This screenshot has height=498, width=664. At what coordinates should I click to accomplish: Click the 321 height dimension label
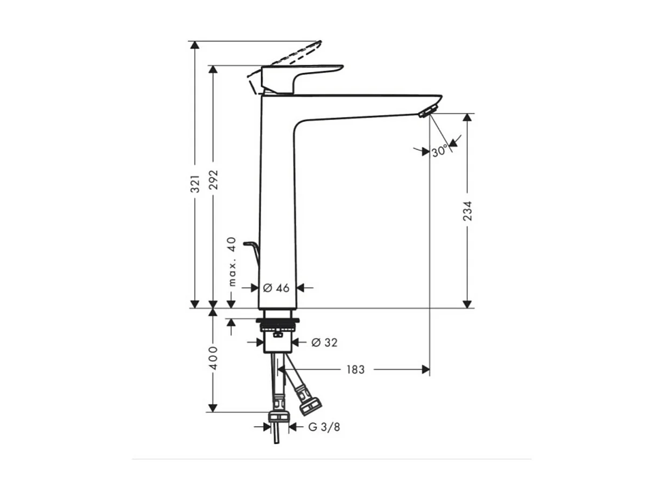[x=195, y=183]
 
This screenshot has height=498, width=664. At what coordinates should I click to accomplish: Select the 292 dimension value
[x=214, y=180]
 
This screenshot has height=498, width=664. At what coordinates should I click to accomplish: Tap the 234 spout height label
[x=467, y=211]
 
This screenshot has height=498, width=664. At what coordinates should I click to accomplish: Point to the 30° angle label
[x=439, y=152]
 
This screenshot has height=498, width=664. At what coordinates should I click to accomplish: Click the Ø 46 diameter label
[x=276, y=288]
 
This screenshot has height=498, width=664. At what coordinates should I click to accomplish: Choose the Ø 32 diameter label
[x=324, y=342]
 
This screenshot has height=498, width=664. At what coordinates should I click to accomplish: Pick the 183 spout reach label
[x=355, y=369]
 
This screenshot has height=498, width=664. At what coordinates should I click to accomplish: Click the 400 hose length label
[x=214, y=358]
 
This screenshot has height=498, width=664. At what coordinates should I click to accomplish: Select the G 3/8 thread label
[x=324, y=427]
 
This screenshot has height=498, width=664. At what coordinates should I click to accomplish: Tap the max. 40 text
[x=232, y=261]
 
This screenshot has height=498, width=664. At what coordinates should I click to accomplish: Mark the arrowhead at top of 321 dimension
[x=195, y=45]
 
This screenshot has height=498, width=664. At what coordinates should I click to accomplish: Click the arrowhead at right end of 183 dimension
[x=426, y=369]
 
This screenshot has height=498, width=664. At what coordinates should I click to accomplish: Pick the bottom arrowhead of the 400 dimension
[x=213, y=408]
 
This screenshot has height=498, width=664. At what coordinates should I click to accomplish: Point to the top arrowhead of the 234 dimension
[x=467, y=117]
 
